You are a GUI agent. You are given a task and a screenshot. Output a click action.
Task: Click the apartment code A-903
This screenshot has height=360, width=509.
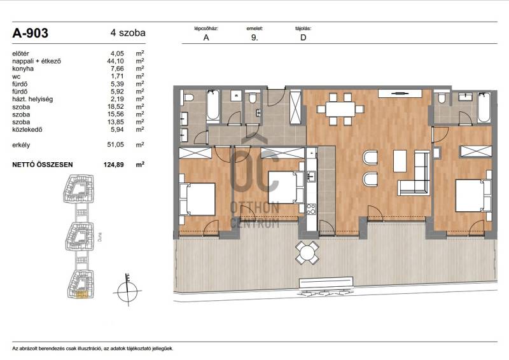(x=30, y=33)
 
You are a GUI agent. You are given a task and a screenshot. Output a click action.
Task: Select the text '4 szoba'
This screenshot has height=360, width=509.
(x=128, y=33)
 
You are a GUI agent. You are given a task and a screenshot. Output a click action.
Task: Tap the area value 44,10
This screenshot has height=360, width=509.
(x=116, y=61)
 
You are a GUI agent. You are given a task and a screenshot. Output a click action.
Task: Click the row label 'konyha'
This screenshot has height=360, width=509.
(x=23, y=69)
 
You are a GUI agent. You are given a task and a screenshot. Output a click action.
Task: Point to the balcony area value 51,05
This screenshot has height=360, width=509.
(x=116, y=145)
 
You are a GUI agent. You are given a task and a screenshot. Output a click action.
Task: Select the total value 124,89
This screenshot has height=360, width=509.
(x=114, y=165)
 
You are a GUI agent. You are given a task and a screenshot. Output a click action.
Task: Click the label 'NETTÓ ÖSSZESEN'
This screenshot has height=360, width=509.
(x=43, y=165)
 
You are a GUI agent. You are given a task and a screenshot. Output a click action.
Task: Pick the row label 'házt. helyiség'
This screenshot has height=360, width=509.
(x=32, y=99)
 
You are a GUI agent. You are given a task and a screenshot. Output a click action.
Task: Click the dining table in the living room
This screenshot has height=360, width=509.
(x=340, y=109)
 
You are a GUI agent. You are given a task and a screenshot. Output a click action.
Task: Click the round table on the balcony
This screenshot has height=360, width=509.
(x=307, y=253)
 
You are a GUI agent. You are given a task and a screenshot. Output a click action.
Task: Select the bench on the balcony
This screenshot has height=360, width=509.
(x=326, y=282)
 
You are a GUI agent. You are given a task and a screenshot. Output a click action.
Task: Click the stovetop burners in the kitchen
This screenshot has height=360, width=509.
(x=311, y=209)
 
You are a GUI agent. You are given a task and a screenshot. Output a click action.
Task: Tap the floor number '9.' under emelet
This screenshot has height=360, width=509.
(x=254, y=38)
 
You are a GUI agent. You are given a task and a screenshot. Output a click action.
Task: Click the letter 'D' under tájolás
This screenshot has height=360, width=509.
(x=303, y=38)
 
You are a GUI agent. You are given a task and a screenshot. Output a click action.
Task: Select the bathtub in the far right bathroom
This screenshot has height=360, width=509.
(x=484, y=107)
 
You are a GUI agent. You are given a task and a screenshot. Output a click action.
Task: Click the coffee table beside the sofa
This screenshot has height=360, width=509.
(x=400, y=161)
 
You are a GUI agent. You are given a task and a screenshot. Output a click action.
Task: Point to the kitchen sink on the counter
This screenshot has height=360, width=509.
(x=311, y=177)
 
